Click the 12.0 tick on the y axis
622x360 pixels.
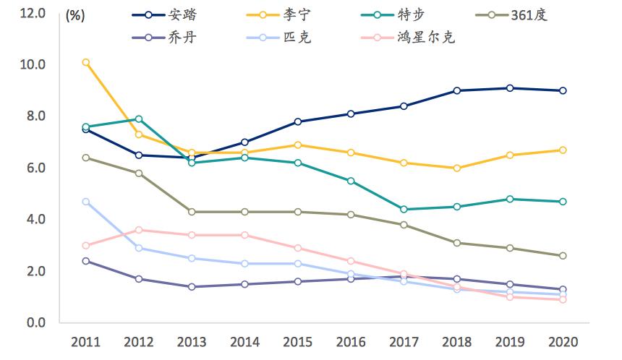[x=31, y=13]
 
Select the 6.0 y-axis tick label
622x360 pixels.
[x=34, y=168]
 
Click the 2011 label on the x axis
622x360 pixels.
[x=86, y=341]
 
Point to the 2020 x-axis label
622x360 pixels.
[x=563, y=341]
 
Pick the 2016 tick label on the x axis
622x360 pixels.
[x=351, y=341]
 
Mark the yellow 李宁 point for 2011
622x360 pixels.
[x=86, y=62]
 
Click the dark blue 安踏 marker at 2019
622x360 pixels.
[x=511, y=88]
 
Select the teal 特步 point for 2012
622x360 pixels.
[x=139, y=119]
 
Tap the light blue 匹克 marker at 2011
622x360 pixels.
[x=86, y=202]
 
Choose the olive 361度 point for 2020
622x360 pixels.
[x=563, y=256]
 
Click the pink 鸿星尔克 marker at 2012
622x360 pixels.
[x=139, y=230]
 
